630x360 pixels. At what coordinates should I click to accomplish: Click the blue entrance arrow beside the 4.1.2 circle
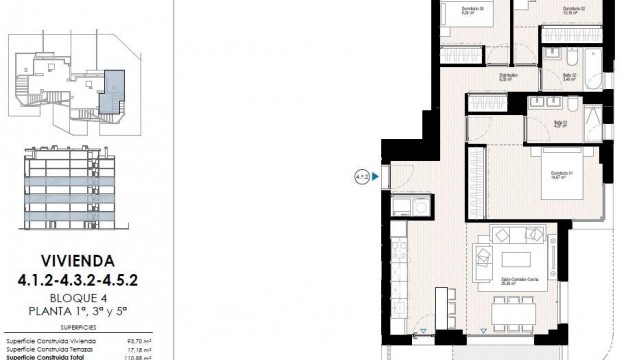pos(374,177)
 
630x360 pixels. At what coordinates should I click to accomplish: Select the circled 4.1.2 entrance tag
pos(361,177)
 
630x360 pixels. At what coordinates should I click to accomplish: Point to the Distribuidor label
pos(507,75)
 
